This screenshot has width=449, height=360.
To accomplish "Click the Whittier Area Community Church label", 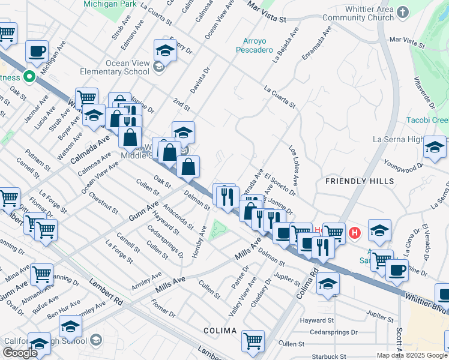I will [x=369, y=14].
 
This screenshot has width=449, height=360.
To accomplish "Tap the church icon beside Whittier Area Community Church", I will [x=402, y=11].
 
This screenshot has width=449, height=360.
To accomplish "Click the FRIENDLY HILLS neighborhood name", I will [x=360, y=181].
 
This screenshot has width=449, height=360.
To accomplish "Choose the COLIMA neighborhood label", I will [x=220, y=331].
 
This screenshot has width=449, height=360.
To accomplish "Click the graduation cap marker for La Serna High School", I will [x=435, y=148].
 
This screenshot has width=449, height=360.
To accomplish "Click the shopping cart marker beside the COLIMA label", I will [x=253, y=341].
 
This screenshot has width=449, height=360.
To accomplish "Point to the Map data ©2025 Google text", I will [x=411, y=355].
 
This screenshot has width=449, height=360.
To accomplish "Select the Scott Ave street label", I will [x=399, y=337].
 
